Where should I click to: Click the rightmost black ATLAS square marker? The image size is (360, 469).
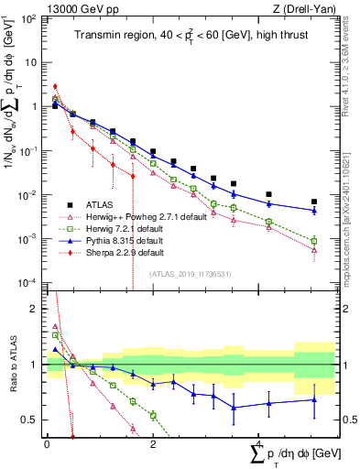[314, 202]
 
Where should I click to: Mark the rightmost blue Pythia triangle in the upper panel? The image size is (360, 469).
[314, 211]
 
